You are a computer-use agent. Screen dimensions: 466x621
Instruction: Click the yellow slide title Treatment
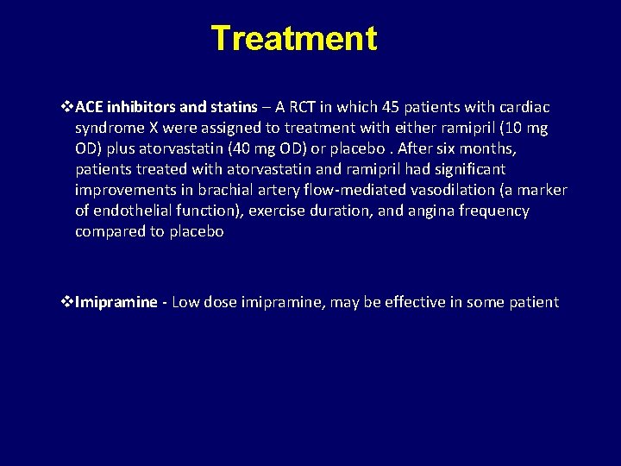click(x=293, y=39)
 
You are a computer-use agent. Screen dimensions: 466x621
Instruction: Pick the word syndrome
click(x=108, y=128)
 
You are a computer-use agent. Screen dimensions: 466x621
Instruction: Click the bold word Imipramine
click(x=116, y=302)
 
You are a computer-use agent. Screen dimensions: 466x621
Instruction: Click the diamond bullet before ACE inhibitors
click(x=68, y=107)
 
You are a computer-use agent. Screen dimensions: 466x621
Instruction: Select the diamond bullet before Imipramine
click(x=68, y=302)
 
